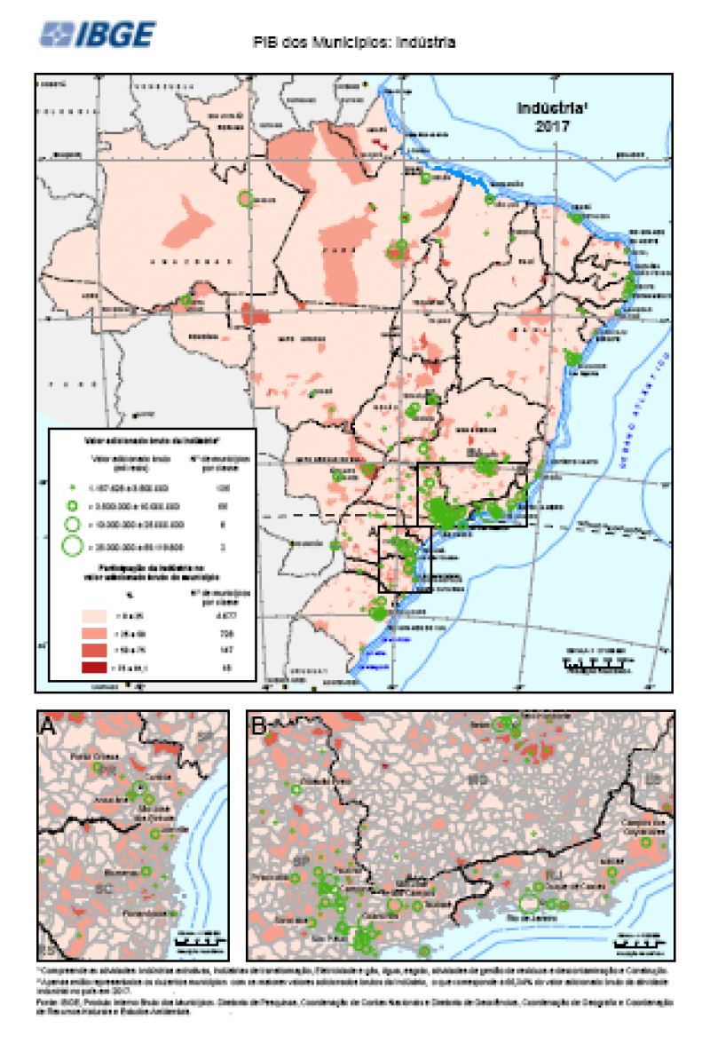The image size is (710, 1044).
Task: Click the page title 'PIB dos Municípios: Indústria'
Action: (354, 42)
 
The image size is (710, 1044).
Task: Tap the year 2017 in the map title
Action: (550, 125)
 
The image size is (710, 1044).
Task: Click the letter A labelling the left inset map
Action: (48, 726)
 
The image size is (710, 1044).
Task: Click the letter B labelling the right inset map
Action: (259, 726)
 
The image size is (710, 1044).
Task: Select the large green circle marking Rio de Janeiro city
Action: (529, 902)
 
